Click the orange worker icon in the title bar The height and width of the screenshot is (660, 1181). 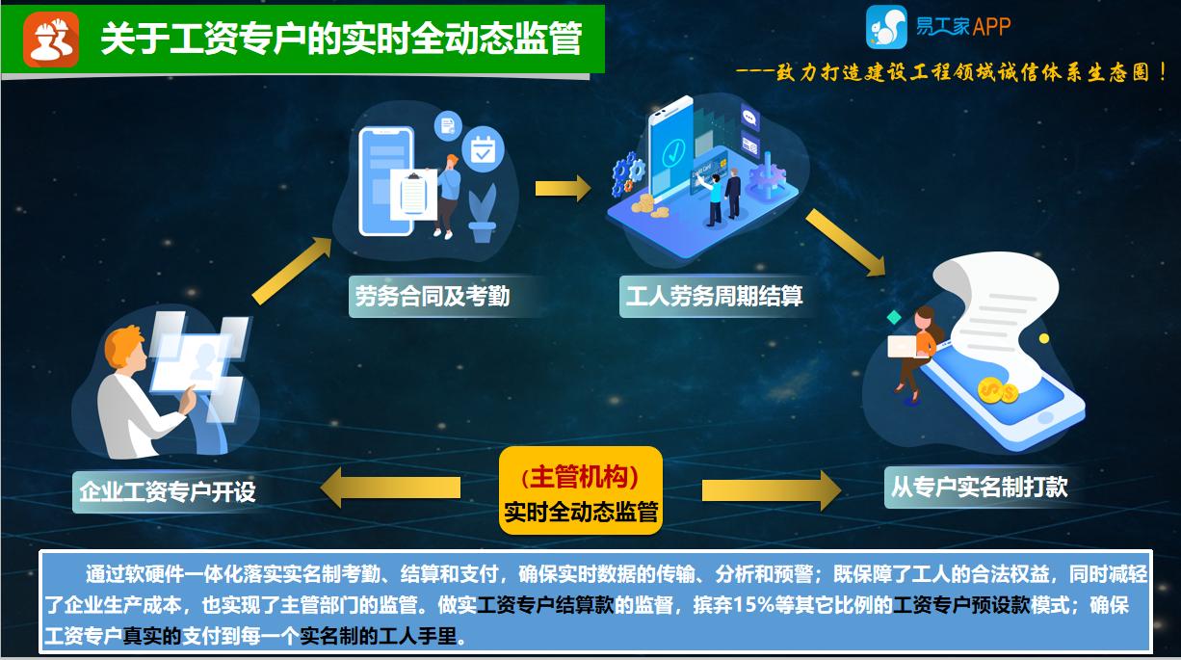tap(51, 39)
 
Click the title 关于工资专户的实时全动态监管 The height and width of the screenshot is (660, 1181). tap(341, 39)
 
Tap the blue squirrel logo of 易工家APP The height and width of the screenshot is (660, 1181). tap(886, 27)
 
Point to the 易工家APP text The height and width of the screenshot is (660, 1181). tap(963, 27)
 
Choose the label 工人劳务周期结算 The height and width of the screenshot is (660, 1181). tap(714, 295)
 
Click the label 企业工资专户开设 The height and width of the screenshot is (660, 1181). tap(168, 491)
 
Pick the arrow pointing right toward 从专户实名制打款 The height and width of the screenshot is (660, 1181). tap(771, 489)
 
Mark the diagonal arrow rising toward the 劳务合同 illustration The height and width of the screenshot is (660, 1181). tap(292, 271)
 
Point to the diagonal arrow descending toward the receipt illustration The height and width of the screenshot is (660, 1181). tap(845, 242)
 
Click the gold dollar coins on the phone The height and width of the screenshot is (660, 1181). tap(996, 390)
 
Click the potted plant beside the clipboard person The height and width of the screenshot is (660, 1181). tap(482, 214)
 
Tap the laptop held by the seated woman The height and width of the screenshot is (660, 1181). tap(905, 347)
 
